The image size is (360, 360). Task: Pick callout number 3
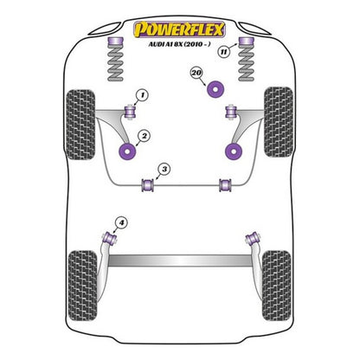tap(163, 168)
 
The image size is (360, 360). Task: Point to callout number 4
tap(121, 223)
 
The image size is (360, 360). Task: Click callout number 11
tap(225, 52)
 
